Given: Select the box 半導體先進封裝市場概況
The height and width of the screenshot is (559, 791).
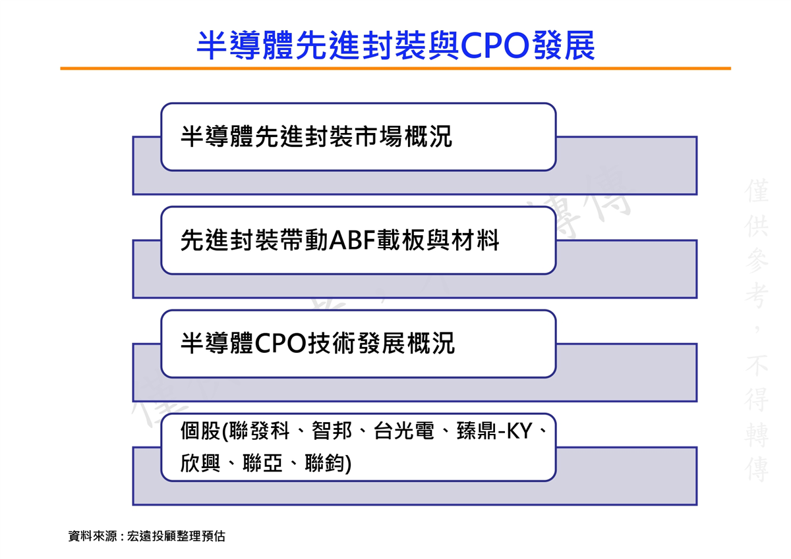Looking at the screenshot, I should [358, 137].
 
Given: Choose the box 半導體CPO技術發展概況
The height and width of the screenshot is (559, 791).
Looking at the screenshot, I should [358, 344].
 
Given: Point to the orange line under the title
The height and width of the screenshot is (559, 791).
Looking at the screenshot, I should [395, 68].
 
